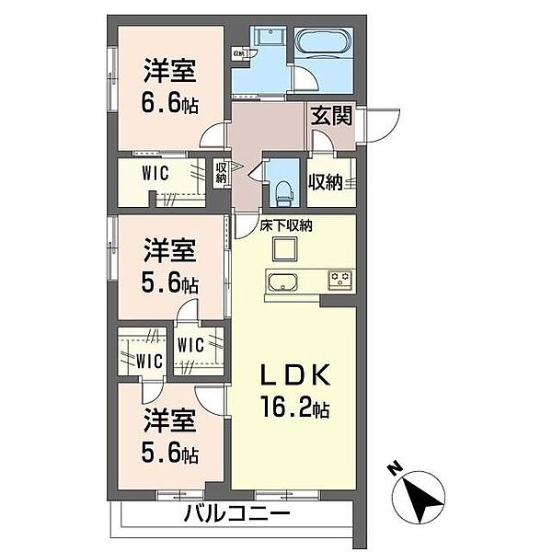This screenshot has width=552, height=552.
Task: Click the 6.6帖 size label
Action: coord(171,101)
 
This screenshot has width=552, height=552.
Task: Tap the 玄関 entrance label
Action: coord(328,116)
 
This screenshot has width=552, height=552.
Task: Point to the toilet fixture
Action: coord(284,192)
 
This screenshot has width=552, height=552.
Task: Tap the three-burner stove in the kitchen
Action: coord(339,279)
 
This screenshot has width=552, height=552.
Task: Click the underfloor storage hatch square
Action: coord(281,249)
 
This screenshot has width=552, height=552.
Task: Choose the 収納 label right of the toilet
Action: coord(326,182)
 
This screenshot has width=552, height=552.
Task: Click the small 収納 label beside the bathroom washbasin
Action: coord(238,53)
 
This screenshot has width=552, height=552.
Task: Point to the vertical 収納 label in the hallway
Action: coord(221,173)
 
